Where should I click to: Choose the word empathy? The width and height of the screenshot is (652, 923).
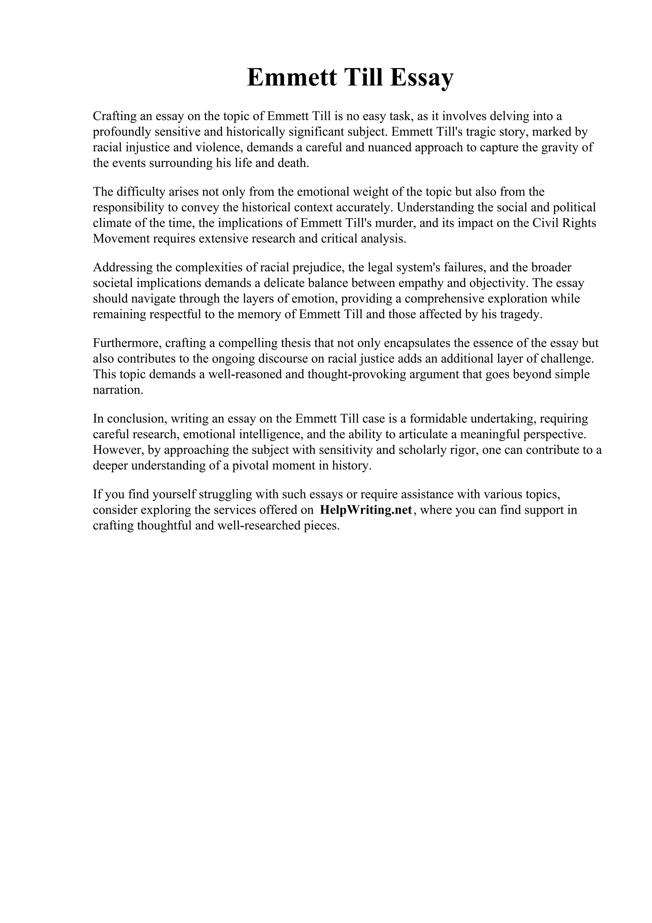tap(421, 283)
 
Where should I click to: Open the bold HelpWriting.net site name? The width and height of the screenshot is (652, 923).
tap(366, 510)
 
